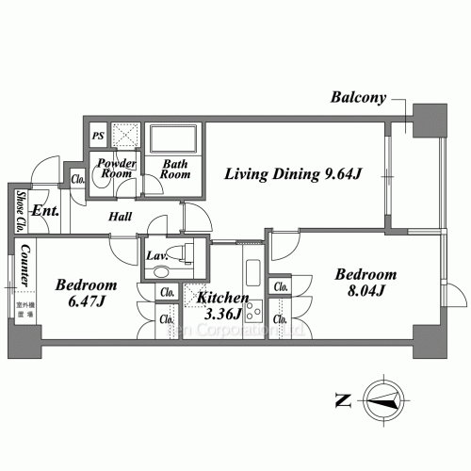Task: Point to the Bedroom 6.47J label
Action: pyautogui.click(x=85, y=293)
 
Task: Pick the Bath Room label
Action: pyautogui.click(x=175, y=169)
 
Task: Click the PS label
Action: pyautogui.click(x=98, y=136)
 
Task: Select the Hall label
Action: pyautogui.click(x=120, y=218)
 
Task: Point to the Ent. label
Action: pyautogui.click(x=46, y=210)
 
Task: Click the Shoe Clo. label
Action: pyautogui.click(x=20, y=213)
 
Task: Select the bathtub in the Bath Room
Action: pyautogui.click(x=172, y=139)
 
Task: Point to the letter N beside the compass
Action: pyautogui.click(x=340, y=399)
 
